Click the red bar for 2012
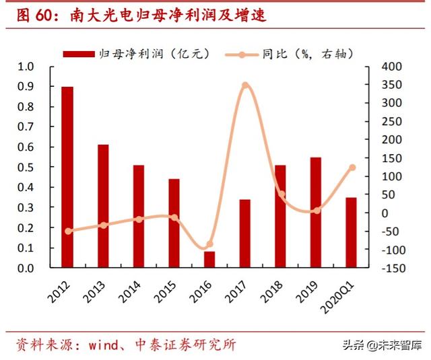[x=67, y=178]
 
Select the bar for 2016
[x=209, y=260]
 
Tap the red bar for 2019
[x=316, y=213]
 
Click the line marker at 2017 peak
[x=245, y=85]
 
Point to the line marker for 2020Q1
[x=352, y=168]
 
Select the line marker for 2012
[x=67, y=231]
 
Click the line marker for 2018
[x=281, y=194]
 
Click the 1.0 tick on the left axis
[x=26, y=67]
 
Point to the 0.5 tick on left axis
[x=26, y=168]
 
